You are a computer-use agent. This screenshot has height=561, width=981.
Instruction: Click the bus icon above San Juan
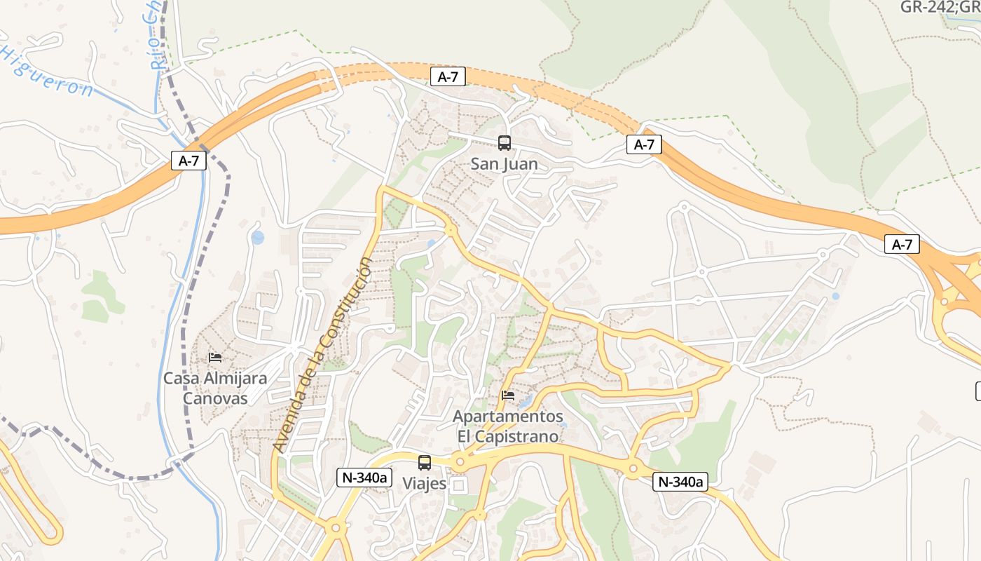tap(504, 143)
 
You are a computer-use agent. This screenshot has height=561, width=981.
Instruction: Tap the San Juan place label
tap(505, 165)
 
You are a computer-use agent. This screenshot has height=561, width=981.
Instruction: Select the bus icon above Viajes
tap(425, 463)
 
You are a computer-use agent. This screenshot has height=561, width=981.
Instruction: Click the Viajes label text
tap(425, 484)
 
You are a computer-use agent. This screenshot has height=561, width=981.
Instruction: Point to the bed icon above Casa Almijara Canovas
tap(215, 358)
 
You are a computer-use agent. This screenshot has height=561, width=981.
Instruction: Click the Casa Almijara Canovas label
tap(215, 388)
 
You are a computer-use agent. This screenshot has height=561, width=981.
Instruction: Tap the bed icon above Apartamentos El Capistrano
tap(508, 396)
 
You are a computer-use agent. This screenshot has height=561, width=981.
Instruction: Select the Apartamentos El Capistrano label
tap(508, 426)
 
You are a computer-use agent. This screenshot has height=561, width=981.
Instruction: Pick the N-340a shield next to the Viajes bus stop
tap(364, 478)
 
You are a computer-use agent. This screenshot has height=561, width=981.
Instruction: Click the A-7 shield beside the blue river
tap(189, 161)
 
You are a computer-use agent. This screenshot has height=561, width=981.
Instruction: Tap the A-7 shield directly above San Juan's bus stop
tap(448, 77)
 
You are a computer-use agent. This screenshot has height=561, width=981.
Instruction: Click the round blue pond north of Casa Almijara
tap(258, 238)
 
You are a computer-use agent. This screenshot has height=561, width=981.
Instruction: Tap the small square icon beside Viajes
tap(459, 485)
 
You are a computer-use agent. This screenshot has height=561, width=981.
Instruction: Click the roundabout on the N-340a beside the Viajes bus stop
tap(460, 462)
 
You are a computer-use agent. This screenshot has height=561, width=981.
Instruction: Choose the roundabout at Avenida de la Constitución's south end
tap(335, 527)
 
